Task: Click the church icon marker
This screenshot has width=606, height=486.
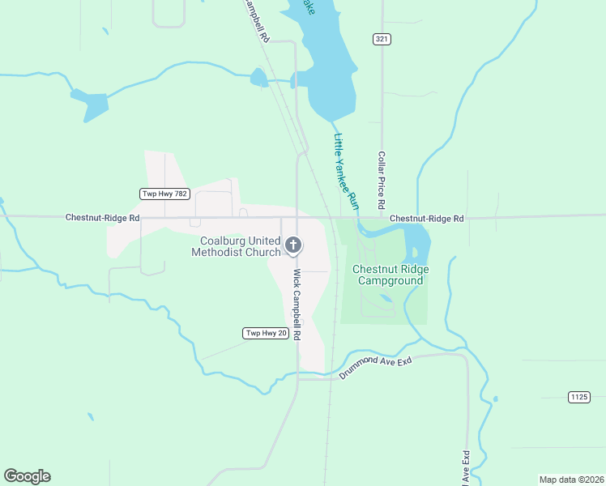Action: click(293, 245)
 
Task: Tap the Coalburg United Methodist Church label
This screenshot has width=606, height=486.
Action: click(236, 246)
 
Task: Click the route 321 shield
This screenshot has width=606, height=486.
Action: click(382, 39)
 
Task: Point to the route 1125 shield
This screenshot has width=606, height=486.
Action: click(578, 396)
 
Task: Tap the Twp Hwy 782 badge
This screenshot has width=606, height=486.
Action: click(164, 194)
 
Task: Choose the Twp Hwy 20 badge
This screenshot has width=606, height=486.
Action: click(266, 334)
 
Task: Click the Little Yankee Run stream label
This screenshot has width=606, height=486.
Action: click(346, 168)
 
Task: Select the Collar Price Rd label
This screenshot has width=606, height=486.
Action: click(381, 177)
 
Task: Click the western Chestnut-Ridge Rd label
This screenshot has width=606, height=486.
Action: click(102, 218)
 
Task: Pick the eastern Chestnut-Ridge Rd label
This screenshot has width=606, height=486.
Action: click(426, 219)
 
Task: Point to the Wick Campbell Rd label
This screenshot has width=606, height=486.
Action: click(297, 305)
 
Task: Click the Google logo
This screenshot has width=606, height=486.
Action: click(27, 476)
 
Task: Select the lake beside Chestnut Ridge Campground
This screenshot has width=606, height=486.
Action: click(415, 238)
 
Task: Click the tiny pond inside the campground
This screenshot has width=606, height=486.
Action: click(386, 297)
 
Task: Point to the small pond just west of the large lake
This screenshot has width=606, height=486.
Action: click(258, 78)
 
